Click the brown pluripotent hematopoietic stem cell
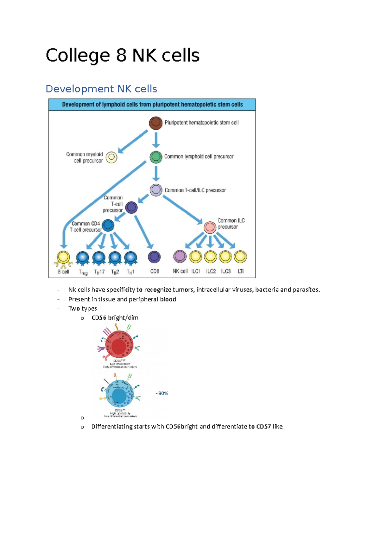pyautogui.click(x=155, y=123)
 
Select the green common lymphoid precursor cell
pyautogui.click(x=155, y=157)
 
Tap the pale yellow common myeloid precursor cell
pyautogui.click(x=111, y=157)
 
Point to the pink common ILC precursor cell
pyautogui.click(x=210, y=227)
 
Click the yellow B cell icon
pyautogui.click(x=63, y=257)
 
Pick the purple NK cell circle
pyautogui.click(x=180, y=256)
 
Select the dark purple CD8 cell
pyautogui.click(x=154, y=257)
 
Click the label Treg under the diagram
pyautogui.click(x=83, y=272)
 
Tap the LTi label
pyautogui.click(x=241, y=271)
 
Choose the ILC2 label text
pyautogui.click(x=211, y=271)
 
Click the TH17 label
pyautogui.click(x=99, y=272)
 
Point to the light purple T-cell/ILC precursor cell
pyautogui.click(x=156, y=190)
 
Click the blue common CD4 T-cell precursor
pyautogui.click(x=108, y=225)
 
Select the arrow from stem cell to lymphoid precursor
pyautogui.click(x=155, y=140)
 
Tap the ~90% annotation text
pyautogui.click(x=161, y=393)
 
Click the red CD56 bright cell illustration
pyautogui.click(x=119, y=346)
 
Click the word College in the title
pyautogui.click(x=78, y=55)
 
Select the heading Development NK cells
pyautogui.click(x=101, y=89)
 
